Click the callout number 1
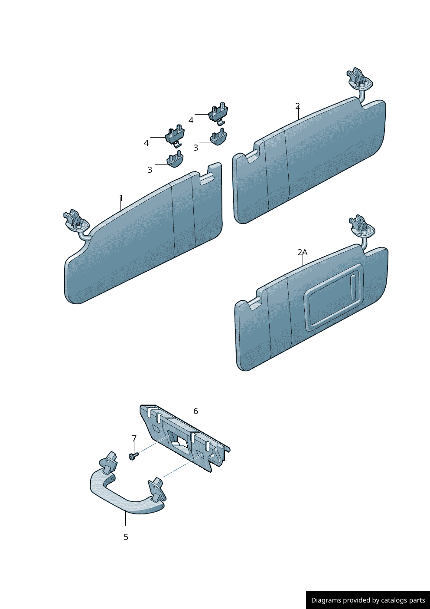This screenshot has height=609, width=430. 121,198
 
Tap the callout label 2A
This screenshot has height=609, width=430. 302,252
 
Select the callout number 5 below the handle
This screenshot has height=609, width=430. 126,537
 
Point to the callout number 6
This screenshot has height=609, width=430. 195,411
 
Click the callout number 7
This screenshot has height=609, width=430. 134,438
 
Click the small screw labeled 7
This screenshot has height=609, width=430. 134,456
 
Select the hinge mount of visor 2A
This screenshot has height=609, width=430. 361,225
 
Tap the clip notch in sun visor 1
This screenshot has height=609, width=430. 207,178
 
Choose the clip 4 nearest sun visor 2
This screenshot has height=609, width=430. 218,114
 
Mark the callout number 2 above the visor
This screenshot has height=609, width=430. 297,106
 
